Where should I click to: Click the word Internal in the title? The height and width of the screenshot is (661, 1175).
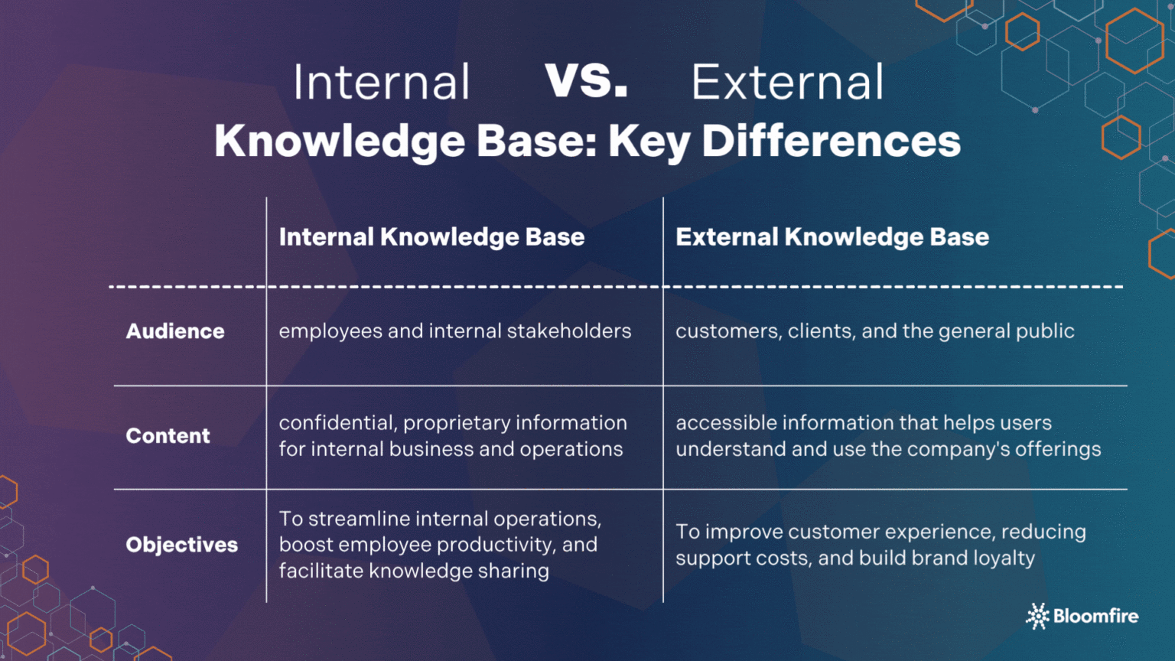(x=381, y=83)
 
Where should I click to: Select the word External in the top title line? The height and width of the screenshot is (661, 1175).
(x=787, y=83)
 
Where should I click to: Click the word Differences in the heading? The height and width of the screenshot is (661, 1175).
(x=831, y=142)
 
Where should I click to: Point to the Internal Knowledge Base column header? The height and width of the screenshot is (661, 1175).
(x=431, y=237)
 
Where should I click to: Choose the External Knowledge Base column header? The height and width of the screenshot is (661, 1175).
(x=832, y=237)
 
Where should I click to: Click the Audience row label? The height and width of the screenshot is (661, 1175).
(x=175, y=331)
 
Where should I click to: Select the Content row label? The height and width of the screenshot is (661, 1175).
(x=168, y=436)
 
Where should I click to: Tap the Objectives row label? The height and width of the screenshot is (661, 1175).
(x=181, y=545)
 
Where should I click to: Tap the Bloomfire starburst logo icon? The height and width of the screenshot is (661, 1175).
(x=1037, y=616)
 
